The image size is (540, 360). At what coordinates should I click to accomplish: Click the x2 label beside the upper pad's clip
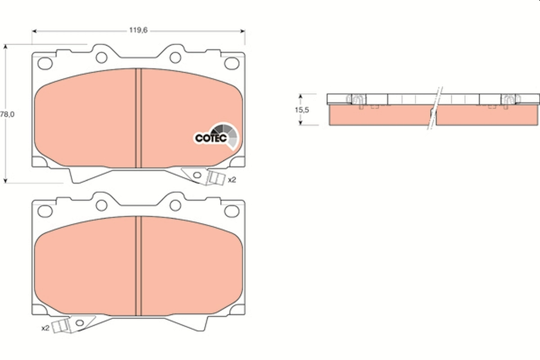coord(232,180)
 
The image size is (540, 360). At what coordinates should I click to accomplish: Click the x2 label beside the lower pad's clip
coord(45,328)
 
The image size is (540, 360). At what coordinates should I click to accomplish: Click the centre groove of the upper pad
coord(139,118)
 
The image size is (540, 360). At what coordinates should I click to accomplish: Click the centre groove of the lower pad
coord(139,265)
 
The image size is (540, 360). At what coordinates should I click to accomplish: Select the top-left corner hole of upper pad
coord(45,63)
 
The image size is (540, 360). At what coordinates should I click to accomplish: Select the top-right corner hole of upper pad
coord(232,63)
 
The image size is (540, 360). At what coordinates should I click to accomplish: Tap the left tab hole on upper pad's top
coord(102,57)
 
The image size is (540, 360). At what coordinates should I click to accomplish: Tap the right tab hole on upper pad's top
coord(175,57)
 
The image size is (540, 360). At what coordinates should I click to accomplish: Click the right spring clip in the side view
coord(509,100)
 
